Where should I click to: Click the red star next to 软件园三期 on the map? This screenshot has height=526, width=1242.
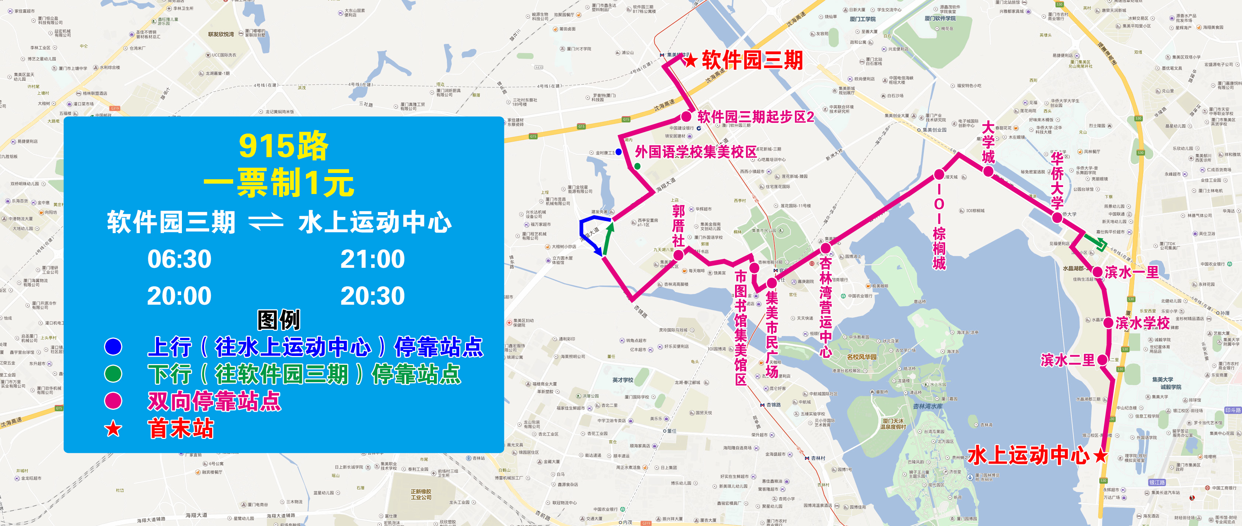(690, 60)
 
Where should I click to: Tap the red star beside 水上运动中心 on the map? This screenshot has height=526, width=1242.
(1101, 456)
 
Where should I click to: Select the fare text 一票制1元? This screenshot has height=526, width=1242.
(279, 183)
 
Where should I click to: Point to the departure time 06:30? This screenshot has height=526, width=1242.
(179, 259)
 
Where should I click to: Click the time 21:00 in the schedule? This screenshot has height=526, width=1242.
(372, 259)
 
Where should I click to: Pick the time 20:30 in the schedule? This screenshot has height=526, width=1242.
(372, 296)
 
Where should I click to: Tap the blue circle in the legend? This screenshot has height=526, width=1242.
(113, 347)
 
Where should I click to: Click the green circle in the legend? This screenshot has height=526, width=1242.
(113, 374)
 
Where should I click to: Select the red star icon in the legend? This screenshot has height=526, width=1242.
(113, 428)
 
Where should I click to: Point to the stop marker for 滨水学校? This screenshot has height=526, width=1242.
(1108, 323)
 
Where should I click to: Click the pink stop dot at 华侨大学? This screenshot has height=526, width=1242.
(1057, 217)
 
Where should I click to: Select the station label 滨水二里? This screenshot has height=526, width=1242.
(1067, 360)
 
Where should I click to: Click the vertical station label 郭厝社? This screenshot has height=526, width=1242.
(678, 225)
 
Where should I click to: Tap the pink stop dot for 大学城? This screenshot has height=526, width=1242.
(988, 171)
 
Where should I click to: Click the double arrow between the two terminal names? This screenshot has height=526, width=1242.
(266, 222)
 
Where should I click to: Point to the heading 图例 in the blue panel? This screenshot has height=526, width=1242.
(279, 320)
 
